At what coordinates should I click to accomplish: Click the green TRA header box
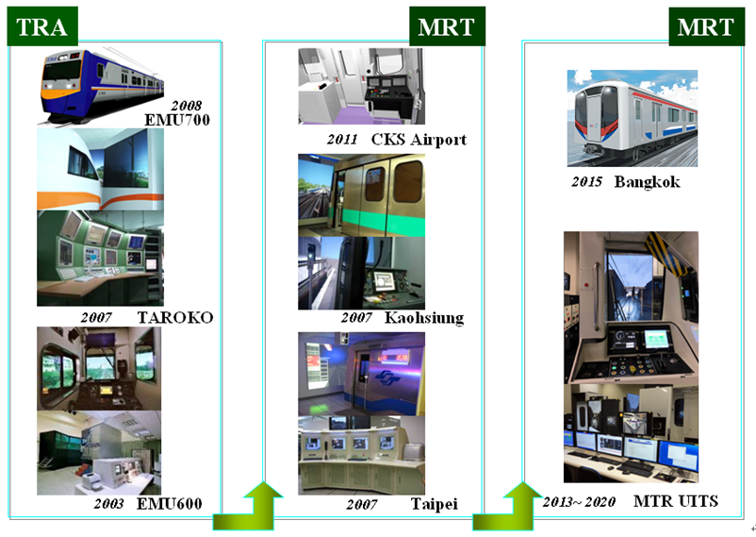coord(42,26)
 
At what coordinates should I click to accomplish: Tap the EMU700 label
coord(177,120)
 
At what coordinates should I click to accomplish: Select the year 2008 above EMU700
coord(187,106)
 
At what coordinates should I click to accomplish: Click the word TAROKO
coord(175,317)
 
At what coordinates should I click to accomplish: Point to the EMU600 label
coord(170,504)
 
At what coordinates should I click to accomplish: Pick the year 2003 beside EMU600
coord(109,504)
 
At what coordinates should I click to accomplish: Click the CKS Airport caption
coord(419,140)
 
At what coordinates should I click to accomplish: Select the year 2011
coord(342,140)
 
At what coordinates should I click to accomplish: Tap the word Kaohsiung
coord(424,318)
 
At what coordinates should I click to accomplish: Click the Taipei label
coord(435,504)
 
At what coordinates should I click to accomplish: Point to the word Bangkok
coord(647,182)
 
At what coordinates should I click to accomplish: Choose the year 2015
coord(586,182)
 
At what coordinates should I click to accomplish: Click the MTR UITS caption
coord(676,501)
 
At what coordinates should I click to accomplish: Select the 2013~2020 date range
coord(579,502)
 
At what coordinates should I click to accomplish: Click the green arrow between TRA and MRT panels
coord(248,507)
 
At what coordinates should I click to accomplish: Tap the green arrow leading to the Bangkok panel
coord(508,507)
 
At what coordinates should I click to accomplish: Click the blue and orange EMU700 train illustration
coord(101,86)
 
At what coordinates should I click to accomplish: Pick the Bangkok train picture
coord(633,118)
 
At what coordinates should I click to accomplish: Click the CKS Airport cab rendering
coord(362,86)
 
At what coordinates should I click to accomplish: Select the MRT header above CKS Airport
coord(447,26)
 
